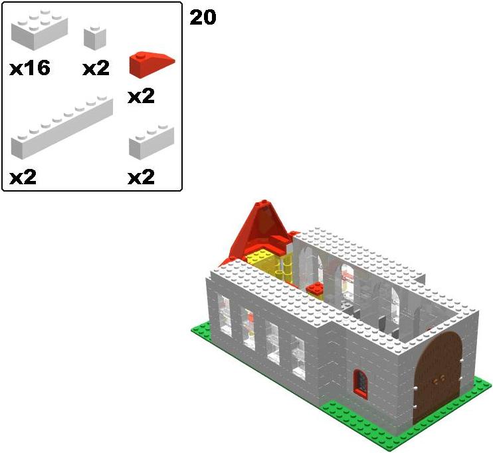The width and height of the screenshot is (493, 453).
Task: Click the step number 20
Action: click(203, 17)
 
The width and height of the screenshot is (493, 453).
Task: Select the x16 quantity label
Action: click(30, 69)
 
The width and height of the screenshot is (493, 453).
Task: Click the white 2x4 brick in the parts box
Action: click(39, 29)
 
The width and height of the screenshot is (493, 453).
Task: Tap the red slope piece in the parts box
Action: click(151, 63)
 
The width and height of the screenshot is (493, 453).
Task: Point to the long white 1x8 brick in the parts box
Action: click(62, 128)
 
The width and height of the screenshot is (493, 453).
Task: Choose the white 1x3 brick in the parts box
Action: click(151, 141)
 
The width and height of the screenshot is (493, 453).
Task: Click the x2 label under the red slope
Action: click(141, 96)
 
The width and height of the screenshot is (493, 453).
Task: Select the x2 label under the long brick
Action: click(23, 177)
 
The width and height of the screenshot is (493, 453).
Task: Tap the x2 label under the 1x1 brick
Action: click(96, 69)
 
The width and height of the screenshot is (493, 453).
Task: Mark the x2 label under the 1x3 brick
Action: click(141, 177)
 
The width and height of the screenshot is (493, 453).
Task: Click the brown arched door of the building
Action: click(438, 377)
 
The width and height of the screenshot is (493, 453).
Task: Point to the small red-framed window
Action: click(361, 383)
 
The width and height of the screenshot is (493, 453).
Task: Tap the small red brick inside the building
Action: click(316, 288)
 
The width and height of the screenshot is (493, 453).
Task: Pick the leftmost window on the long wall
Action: click(225, 315)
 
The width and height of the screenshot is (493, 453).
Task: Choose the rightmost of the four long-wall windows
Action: click(298, 358)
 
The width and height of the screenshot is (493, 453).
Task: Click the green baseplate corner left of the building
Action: click(192, 329)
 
